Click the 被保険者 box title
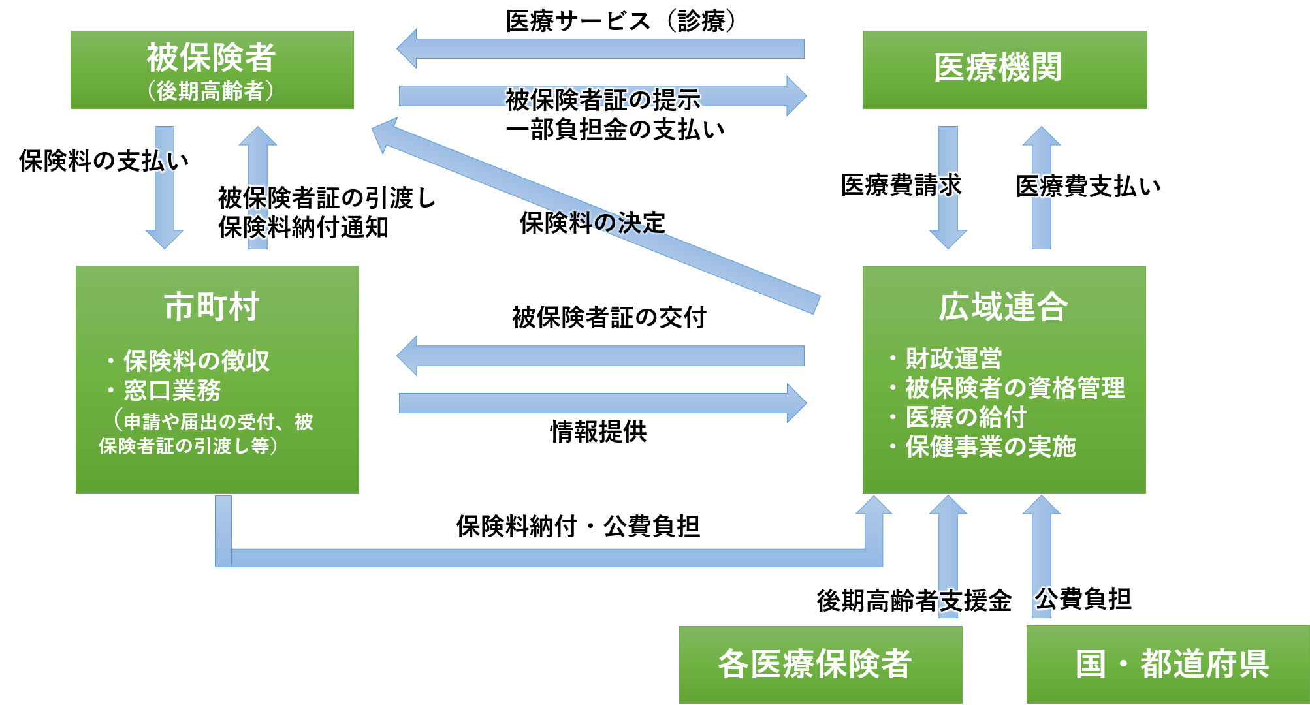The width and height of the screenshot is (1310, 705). tap(211, 57)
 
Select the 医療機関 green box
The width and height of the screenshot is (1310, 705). tap(1004, 69)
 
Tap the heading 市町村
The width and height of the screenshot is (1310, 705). tap(212, 307)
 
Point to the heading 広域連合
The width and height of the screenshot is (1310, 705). tap(1004, 307)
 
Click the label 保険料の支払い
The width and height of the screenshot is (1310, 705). tap(104, 161)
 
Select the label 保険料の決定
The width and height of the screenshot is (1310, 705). tap(593, 223)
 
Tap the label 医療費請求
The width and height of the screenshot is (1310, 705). tap(901, 185)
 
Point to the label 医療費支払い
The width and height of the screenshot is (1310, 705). tap(1088, 186)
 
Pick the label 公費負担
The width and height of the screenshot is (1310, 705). tap(1084, 599)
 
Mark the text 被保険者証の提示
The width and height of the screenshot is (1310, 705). tap(603, 100)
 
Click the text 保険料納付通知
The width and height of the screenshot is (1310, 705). tap(304, 228)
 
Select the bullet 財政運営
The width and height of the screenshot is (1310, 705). tap(953, 358)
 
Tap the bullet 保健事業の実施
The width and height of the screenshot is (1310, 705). tap(990, 446)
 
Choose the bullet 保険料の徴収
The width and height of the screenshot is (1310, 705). tap(196, 360)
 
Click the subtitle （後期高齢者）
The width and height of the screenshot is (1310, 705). tap(210, 91)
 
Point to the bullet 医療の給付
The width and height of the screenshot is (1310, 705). tap(966, 417)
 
